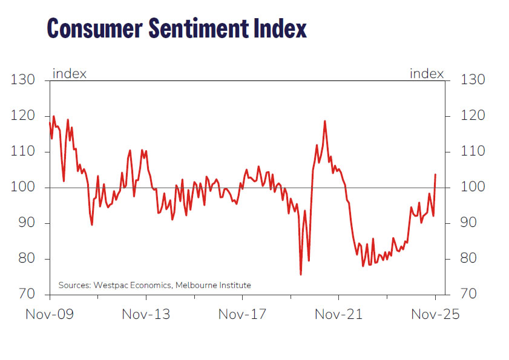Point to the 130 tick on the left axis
point(24,80)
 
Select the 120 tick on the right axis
point(473,116)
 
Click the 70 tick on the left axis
point(27,295)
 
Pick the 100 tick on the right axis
point(473,188)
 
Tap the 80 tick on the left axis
point(27,259)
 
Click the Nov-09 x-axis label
point(50,315)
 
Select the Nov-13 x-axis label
point(146,315)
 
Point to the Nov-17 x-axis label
point(242,315)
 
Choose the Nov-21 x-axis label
point(338,315)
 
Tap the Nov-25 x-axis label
point(435,315)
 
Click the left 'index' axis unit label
point(70,74)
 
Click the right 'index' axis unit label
point(427,74)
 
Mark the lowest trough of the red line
point(301,275)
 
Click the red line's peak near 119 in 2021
point(325,121)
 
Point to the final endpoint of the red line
point(436,174)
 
